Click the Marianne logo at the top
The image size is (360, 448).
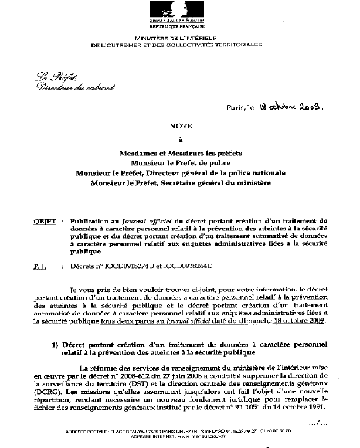tap(180, 12)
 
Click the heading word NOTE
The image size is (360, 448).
tap(180, 125)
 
